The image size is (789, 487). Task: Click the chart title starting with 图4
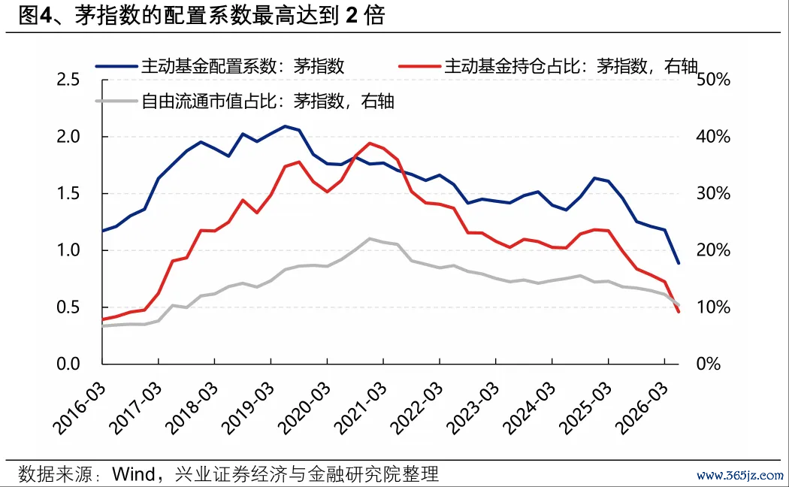(202, 16)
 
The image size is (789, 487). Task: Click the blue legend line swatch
(116, 66)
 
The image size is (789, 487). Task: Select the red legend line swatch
(419, 66)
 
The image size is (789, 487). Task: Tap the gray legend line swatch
(116, 101)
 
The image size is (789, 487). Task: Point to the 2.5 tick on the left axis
(68, 80)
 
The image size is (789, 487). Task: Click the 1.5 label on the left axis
(68, 193)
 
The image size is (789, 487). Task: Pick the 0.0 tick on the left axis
(68, 364)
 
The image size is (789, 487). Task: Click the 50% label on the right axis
(713, 80)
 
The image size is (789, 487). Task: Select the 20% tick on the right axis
(713, 250)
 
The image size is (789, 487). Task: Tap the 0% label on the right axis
(708, 364)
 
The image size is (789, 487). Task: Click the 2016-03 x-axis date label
(80, 408)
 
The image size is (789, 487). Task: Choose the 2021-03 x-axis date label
(361, 408)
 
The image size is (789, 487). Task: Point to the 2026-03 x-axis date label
(642, 408)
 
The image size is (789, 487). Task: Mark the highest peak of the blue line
(285, 126)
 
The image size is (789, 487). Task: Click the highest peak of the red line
(370, 143)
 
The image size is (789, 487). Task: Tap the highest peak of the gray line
(370, 238)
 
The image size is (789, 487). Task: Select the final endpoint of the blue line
(679, 262)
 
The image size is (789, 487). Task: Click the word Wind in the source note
(133, 474)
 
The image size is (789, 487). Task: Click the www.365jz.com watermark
(739, 475)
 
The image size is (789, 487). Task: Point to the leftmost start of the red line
(103, 319)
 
